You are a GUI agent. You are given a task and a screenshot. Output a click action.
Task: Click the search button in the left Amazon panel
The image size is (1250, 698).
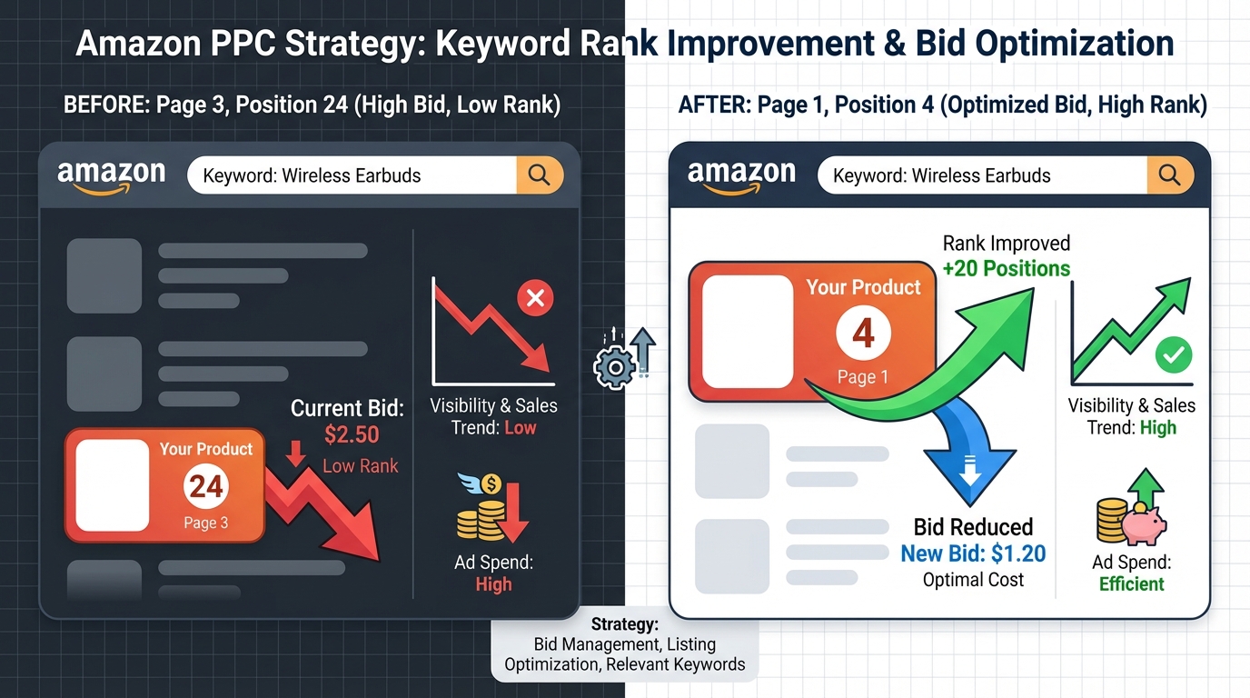(x=540, y=175)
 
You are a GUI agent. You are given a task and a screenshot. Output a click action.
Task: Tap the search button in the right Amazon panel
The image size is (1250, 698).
(x=1169, y=174)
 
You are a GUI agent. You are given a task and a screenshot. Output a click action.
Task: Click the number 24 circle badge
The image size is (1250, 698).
(x=206, y=487)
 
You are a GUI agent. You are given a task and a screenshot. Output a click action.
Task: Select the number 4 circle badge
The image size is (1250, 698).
(x=863, y=334)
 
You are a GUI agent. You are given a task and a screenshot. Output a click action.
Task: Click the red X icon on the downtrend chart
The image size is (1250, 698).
(x=535, y=297)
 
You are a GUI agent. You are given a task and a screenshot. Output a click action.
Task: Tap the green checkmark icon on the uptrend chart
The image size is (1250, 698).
(x=1173, y=355)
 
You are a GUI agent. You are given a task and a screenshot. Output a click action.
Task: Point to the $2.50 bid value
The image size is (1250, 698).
(x=352, y=434)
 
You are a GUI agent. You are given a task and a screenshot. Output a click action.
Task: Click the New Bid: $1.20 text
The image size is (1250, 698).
(x=973, y=553)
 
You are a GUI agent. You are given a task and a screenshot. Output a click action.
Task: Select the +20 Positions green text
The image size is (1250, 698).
(x=1007, y=268)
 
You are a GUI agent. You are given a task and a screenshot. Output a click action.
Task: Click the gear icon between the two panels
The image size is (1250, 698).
(x=613, y=367)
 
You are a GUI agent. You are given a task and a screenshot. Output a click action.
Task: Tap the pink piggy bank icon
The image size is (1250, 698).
(x=1144, y=523)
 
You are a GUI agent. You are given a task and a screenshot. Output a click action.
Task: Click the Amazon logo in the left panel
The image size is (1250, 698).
(x=111, y=175)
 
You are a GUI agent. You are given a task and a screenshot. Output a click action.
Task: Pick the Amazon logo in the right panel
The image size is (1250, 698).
(x=741, y=175)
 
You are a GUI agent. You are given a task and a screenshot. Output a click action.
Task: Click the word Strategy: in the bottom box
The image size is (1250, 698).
(x=624, y=624)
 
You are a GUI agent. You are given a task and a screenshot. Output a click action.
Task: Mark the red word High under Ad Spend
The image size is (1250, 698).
(x=493, y=584)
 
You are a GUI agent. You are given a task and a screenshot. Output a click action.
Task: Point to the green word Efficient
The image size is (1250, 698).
(x=1132, y=584)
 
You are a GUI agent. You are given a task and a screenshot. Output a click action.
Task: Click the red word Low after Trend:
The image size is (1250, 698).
(x=521, y=428)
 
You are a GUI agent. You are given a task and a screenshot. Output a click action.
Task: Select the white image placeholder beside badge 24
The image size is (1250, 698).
(x=112, y=485)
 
